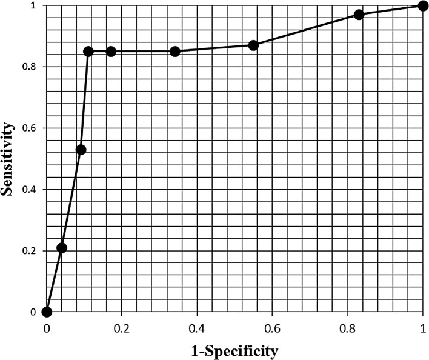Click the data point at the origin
tap(47, 312)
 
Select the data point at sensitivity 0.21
tap(61, 248)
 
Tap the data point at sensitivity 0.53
tap(81, 150)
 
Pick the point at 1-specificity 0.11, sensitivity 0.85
tap(88, 52)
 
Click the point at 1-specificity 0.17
tap(111, 52)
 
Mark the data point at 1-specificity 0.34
tap(175, 52)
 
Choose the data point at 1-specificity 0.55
tap(253, 45)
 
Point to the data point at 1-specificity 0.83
tap(359, 15)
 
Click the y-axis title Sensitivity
tap(8, 159)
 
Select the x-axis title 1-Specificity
tap(234, 351)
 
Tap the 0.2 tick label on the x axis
tap(122, 328)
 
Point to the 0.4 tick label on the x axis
tap(197, 328)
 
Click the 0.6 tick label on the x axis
tap(272, 328)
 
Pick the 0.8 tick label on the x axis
tap(347, 328)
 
